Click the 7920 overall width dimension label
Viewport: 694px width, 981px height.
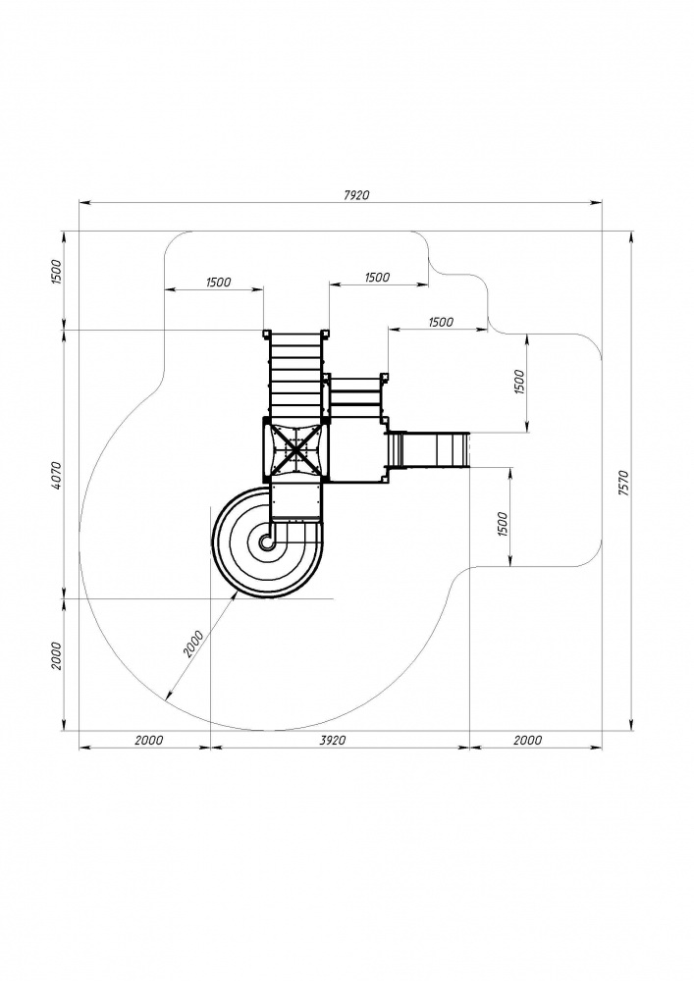pyautogui.click(x=356, y=194)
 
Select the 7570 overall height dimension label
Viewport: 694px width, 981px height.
pyautogui.click(x=622, y=483)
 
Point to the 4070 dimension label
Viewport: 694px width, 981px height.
pyautogui.click(x=56, y=475)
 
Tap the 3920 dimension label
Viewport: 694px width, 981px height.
pyautogui.click(x=333, y=740)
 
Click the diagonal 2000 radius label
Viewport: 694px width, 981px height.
pyautogui.click(x=194, y=644)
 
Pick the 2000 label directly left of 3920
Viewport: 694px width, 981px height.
pyautogui.click(x=149, y=740)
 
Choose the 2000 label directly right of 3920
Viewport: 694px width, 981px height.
pyautogui.click(x=527, y=740)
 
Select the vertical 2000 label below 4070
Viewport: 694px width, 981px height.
pyautogui.click(x=56, y=655)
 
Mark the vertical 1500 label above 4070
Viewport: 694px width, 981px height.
pyautogui.click(x=56, y=271)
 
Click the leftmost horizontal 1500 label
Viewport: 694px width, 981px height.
pyautogui.click(x=218, y=283)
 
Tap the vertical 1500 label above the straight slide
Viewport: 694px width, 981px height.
pyautogui.click(x=518, y=382)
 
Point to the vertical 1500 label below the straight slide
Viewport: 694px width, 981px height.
pyautogui.click(x=503, y=524)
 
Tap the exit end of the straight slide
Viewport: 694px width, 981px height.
pyautogui.click(x=466, y=449)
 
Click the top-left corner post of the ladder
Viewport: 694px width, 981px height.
pyautogui.click(x=266, y=334)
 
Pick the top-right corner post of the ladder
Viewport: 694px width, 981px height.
pyautogui.click(x=325, y=334)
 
